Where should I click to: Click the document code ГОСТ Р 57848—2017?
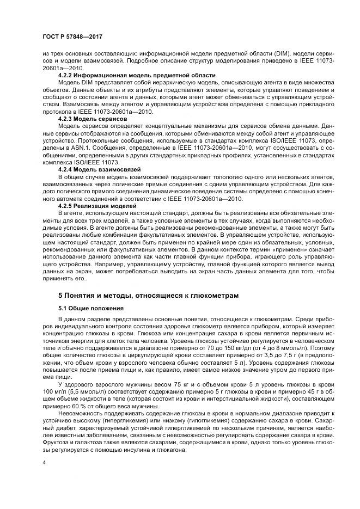tap(72, 36)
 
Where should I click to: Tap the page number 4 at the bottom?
tap(45, 462)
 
